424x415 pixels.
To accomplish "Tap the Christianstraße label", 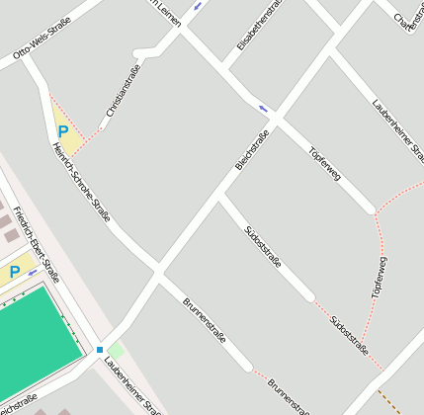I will click(124, 91).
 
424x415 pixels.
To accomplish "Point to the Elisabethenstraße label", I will click(260, 26).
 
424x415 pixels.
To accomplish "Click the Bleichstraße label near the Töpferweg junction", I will click(252, 150).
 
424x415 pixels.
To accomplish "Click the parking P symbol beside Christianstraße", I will click(63, 131).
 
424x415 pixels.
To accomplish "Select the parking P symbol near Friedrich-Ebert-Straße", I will click(15, 272).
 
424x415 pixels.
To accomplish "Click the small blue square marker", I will click(100, 350).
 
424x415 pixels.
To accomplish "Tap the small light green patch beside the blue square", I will click(116, 350).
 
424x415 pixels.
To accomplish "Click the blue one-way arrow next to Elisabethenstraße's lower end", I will click(263, 108).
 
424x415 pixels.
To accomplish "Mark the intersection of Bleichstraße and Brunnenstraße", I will click(157, 269).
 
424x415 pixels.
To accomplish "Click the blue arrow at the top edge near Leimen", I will click(199, 5).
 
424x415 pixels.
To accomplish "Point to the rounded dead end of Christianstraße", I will click(138, 52).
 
